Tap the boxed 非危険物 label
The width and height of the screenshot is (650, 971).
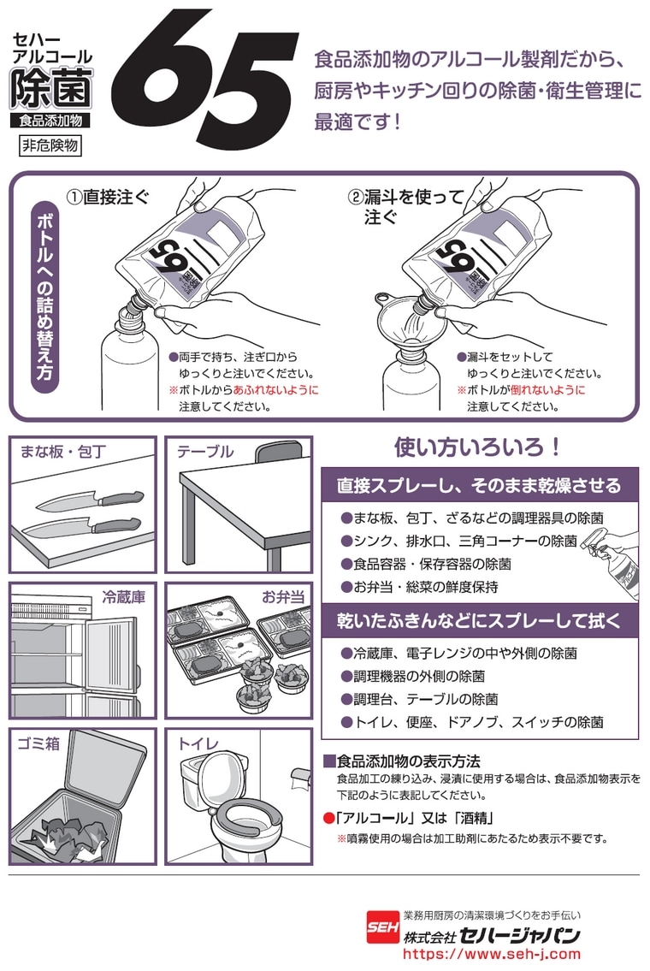50,145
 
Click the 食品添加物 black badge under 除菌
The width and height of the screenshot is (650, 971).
50,120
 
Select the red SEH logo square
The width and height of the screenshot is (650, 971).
382,927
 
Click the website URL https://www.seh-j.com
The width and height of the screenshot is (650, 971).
492,954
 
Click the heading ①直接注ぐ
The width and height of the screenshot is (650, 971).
108,197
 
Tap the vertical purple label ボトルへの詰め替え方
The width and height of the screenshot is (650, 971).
44,296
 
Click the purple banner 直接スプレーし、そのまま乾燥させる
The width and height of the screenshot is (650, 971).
479,486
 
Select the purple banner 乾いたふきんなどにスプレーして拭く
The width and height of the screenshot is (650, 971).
479,620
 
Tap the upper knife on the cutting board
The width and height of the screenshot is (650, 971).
91,500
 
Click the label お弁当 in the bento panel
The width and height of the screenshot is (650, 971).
283,597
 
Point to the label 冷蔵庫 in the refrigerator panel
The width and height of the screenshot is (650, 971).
123,597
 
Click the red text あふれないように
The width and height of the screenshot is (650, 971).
276,390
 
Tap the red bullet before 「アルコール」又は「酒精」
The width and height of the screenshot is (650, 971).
328,818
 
